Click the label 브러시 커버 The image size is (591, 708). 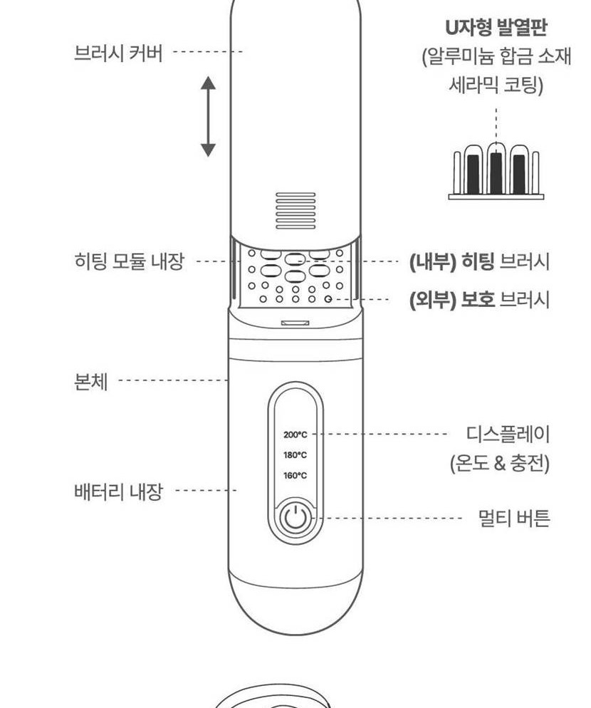coord(118,53)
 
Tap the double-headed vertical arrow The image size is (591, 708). coord(208,117)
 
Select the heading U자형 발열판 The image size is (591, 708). coord(496,27)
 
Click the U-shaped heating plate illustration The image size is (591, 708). coord(496,171)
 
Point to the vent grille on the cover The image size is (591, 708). coord(295,210)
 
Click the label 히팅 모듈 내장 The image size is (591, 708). coord(130,261)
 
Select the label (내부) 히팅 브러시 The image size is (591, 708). coord(479,261)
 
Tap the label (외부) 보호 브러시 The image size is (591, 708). coord(479,299)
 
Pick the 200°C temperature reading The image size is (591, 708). coord(295,434)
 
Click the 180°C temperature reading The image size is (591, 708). coord(295,454)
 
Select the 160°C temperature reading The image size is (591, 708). coord(295,475)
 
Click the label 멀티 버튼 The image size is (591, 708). coord(514,518)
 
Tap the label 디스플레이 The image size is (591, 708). coord(508,434)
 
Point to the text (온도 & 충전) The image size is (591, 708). coord(500,463)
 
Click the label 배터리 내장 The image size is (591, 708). coord(118,491)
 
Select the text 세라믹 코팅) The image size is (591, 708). coord(496,85)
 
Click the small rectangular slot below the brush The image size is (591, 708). coord(295,323)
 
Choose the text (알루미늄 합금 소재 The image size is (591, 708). coord(496,56)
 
